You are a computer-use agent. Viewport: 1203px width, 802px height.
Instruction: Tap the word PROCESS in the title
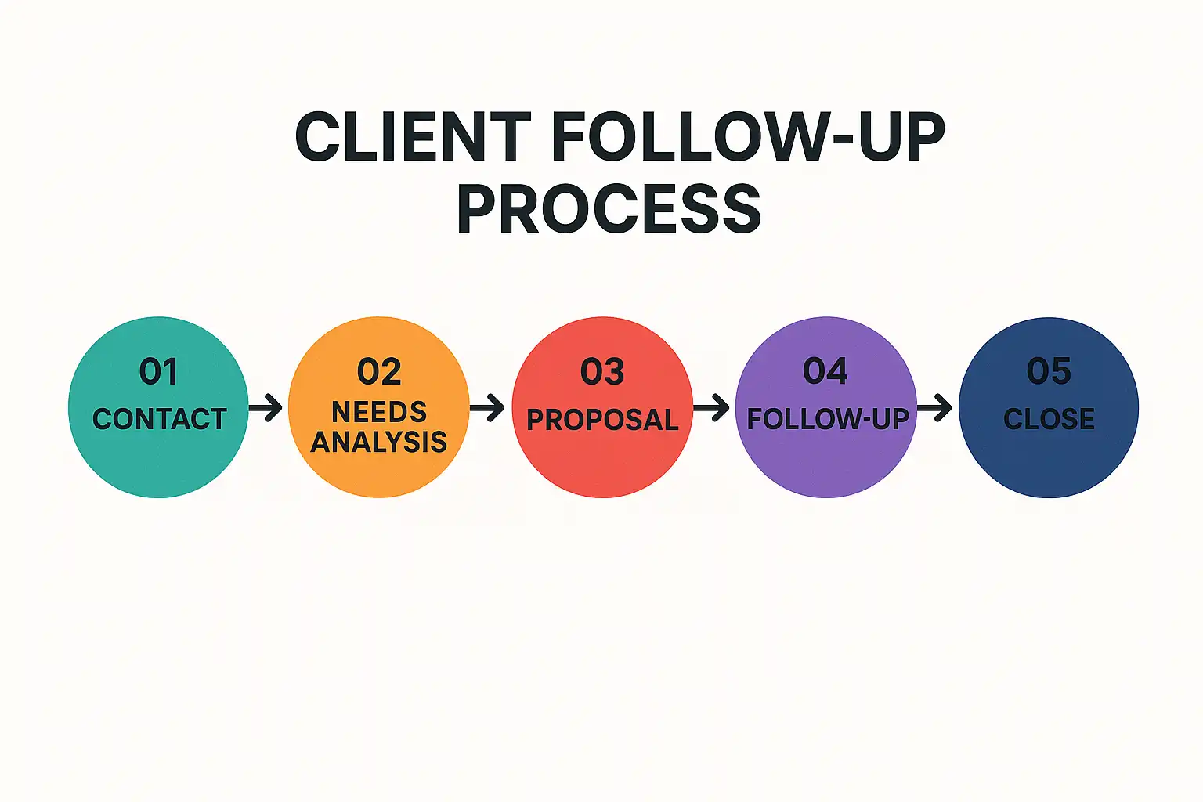pos(609,209)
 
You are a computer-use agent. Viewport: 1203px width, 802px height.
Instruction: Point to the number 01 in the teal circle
pos(158,371)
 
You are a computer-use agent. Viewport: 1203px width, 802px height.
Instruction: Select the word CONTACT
pos(159,419)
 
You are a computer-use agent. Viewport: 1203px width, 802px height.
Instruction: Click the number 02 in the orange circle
pos(379,371)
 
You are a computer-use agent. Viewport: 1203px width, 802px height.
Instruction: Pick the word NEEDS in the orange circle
pos(379,412)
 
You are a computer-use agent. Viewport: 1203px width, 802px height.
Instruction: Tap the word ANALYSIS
pos(379,443)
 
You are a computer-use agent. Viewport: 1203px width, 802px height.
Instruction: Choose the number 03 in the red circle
pos(602,371)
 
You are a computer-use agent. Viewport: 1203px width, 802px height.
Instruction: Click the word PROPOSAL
pos(602,420)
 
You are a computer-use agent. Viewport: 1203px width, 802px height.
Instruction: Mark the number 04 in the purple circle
pos(825,371)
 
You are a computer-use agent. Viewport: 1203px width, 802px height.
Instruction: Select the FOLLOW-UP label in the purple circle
pos(827,419)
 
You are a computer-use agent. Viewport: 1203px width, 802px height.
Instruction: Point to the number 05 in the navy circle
pos(1049,371)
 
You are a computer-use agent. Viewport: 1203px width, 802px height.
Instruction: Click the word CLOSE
pos(1049,419)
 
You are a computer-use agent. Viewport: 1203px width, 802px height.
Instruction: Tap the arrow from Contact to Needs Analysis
pos(266,407)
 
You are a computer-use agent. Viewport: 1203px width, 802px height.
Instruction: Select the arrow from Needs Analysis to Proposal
pos(488,407)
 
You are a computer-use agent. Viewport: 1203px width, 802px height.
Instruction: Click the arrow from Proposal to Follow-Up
pos(712,407)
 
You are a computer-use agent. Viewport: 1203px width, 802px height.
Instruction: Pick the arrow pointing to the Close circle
pos(935,407)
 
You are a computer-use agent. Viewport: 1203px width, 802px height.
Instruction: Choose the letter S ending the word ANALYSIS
pos(439,443)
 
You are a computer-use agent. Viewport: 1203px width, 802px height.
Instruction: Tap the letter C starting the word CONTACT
pos(101,419)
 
